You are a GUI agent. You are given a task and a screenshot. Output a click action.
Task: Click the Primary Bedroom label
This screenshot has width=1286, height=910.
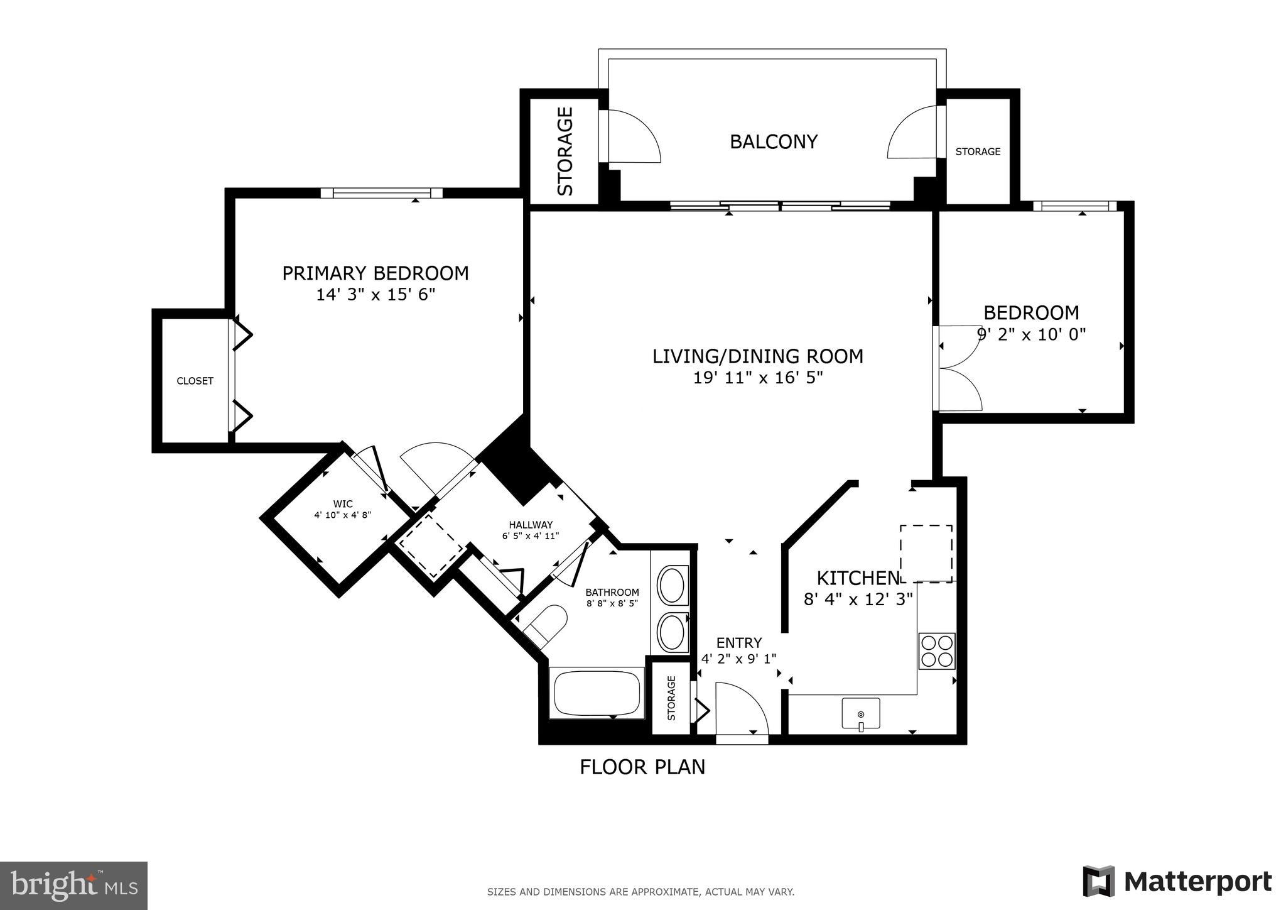[375, 273]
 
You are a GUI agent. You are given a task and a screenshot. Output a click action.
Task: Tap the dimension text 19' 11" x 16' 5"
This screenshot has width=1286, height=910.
[757, 378]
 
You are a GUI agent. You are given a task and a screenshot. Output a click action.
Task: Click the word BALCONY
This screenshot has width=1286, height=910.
[773, 142]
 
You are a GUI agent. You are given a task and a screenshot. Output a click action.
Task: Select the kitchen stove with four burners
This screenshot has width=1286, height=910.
[936, 651]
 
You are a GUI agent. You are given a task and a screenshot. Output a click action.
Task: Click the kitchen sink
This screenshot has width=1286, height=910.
[860, 714]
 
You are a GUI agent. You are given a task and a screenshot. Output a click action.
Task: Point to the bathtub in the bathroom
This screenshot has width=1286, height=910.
[596, 693]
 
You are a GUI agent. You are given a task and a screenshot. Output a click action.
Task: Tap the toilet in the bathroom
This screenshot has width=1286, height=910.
[544, 625]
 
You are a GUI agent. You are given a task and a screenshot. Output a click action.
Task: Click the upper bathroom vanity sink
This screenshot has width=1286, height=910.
[673, 585]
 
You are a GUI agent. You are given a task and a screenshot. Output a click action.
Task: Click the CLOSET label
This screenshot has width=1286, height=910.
[195, 381]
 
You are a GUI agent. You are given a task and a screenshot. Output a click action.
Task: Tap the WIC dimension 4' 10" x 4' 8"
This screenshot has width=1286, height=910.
[343, 515]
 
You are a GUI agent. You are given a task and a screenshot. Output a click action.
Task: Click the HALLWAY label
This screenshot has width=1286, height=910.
[531, 525]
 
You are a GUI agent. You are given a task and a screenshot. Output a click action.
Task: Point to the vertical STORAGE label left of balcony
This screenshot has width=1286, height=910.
[566, 151]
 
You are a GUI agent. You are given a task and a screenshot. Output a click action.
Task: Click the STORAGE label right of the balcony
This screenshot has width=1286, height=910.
[978, 151]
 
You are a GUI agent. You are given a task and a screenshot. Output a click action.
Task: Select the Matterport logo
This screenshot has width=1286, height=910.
[1177, 881]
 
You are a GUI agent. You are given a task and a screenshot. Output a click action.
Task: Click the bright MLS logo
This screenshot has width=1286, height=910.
[74, 885]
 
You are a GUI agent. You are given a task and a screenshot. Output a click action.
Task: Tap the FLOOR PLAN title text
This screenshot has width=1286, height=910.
[642, 767]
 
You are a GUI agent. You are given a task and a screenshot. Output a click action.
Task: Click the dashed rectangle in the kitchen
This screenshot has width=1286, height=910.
[926, 554]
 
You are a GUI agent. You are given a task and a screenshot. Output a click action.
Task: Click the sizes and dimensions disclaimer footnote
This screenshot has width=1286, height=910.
[640, 892]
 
